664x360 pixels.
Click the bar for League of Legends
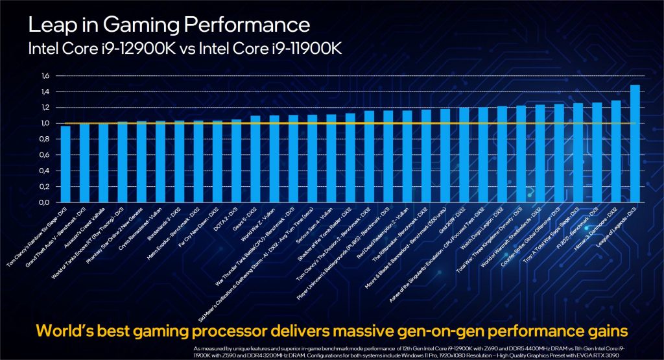point(635,143)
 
